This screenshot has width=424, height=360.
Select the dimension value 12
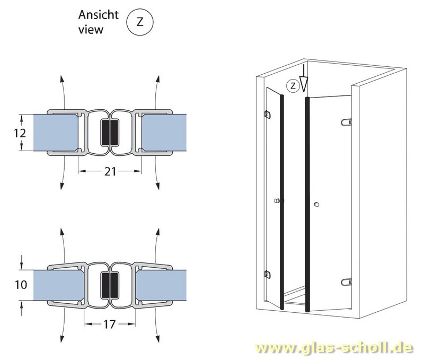(x=19, y=133)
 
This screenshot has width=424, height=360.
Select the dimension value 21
(x=110, y=171)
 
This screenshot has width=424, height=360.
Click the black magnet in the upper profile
(x=110, y=133)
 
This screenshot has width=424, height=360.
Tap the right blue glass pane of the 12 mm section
(x=164, y=133)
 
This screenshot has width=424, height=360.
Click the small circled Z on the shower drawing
(x=291, y=84)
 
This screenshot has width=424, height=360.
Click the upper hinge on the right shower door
(x=347, y=123)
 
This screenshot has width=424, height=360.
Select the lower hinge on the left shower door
(x=267, y=274)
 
